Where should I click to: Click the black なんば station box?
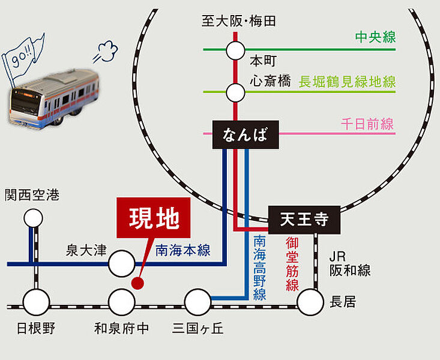coord(246,135)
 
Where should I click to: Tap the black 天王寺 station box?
coord(304,220)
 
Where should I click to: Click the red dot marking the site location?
coord(137,281)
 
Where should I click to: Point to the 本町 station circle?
coord(235,50)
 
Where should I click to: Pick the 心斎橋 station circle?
coord(235,92)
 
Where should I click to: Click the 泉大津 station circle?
coord(121,263)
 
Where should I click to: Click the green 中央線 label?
coord(375,37)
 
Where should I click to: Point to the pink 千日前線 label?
coord(367,124)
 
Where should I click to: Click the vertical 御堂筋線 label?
coord(292,264)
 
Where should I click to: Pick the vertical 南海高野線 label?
coord(259,268)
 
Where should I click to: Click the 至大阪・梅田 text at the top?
coord(239,22)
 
